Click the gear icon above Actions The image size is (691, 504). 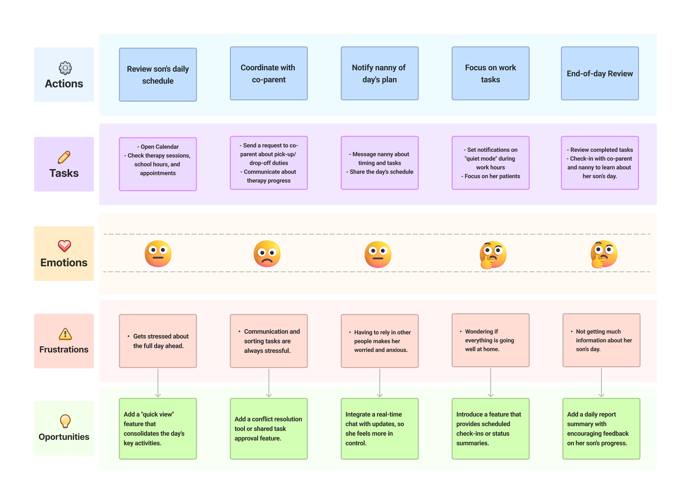coord(65,68)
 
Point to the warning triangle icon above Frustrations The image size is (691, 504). coord(65,334)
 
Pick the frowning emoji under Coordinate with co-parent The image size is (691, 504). coord(267,254)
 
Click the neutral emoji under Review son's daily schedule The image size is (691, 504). coord(158,254)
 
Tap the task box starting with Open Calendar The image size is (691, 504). coord(158,164)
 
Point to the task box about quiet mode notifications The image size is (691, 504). coord(490,163)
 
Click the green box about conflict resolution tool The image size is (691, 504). coord(269,429)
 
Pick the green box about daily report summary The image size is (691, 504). coord(601,429)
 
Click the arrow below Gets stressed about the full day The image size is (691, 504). coord(158,383)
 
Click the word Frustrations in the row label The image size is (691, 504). coord(64,350)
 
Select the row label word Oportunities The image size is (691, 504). coord(64,437)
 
